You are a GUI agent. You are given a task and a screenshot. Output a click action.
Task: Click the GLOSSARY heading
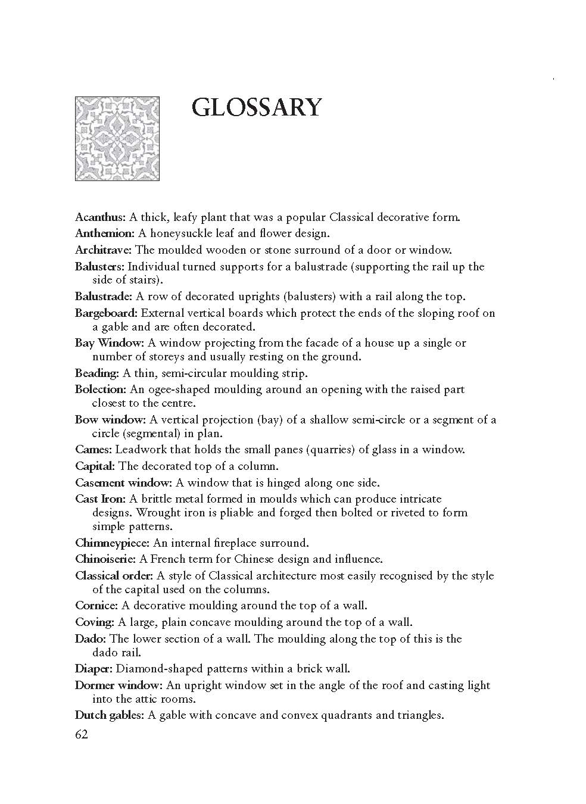[x=257, y=108]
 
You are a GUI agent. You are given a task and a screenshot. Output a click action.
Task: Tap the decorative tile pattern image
[x=117, y=138]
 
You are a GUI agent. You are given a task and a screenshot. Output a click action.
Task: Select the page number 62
[x=82, y=734]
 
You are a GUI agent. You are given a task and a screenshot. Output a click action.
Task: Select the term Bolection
[x=101, y=389]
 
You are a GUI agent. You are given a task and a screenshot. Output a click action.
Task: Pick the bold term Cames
[x=93, y=450]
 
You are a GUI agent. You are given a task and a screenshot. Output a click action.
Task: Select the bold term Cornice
[x=96, y=606]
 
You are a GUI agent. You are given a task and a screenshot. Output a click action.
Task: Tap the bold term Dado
[x=91, y=639]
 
